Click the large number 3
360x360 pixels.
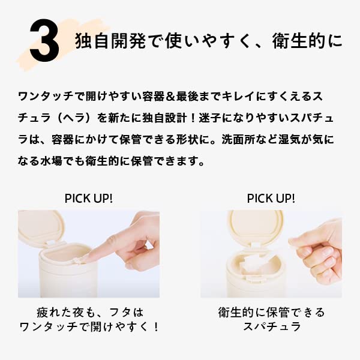coord(44,43)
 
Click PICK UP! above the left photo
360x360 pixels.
coord(88,198)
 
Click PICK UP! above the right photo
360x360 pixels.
coord(271,198)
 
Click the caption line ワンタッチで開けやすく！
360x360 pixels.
coord(88,328)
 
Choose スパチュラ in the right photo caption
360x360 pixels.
coord(271,328)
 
